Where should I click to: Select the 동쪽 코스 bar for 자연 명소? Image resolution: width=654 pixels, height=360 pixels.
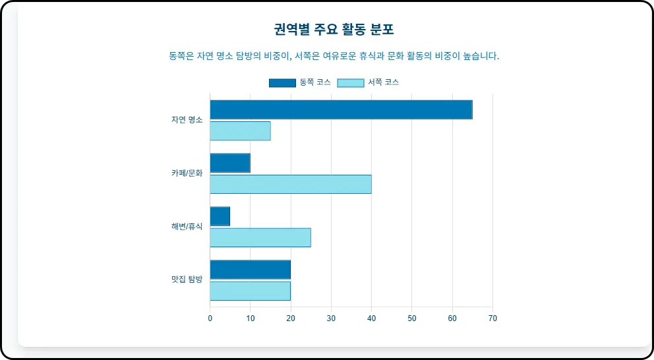[341, 109]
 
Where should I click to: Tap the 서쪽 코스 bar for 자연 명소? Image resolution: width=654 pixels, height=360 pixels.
[240, 131]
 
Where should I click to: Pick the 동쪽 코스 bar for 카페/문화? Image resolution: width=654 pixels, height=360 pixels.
[230, 163]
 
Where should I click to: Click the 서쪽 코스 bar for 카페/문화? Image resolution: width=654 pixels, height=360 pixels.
[291, 184]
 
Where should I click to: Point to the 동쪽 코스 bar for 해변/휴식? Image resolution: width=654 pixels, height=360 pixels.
[220, 216]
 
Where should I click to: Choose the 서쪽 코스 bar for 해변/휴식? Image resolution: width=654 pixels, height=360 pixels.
[260, 237]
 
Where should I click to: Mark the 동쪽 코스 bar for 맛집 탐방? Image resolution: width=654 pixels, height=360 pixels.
[251, 270]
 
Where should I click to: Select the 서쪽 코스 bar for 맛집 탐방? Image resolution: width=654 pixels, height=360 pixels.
[251, 291]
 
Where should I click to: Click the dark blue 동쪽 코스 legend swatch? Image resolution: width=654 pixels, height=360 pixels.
[282, 82]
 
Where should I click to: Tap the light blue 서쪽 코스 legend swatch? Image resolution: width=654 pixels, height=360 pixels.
[351, 82]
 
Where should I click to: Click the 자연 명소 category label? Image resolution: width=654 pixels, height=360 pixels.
[187, 120]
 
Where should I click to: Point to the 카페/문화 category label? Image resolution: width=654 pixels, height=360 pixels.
[187, 173]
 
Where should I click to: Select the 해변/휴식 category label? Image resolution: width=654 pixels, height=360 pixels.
[187, 227]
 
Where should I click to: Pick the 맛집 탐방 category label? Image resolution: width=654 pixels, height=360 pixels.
[187, 280]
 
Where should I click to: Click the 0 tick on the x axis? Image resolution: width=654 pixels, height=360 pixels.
[210, 318]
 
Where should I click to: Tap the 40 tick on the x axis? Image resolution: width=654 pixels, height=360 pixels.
[372, 318]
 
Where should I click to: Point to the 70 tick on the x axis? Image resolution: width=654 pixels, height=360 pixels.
[492, 318]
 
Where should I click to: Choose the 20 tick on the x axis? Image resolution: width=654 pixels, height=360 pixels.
[291, 318]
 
